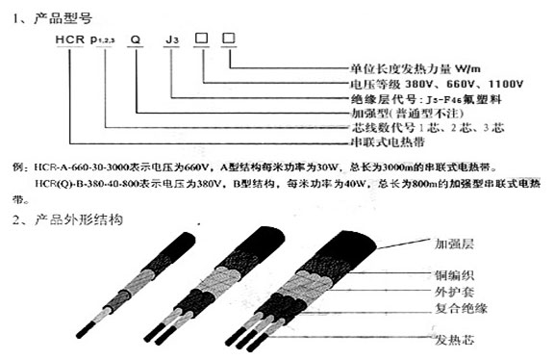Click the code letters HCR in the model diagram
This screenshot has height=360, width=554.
(73, 39)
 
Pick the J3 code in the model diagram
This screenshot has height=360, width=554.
(171, 39)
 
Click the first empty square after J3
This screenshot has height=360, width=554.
(203, 39)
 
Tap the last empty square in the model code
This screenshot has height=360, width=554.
(229, 39)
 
